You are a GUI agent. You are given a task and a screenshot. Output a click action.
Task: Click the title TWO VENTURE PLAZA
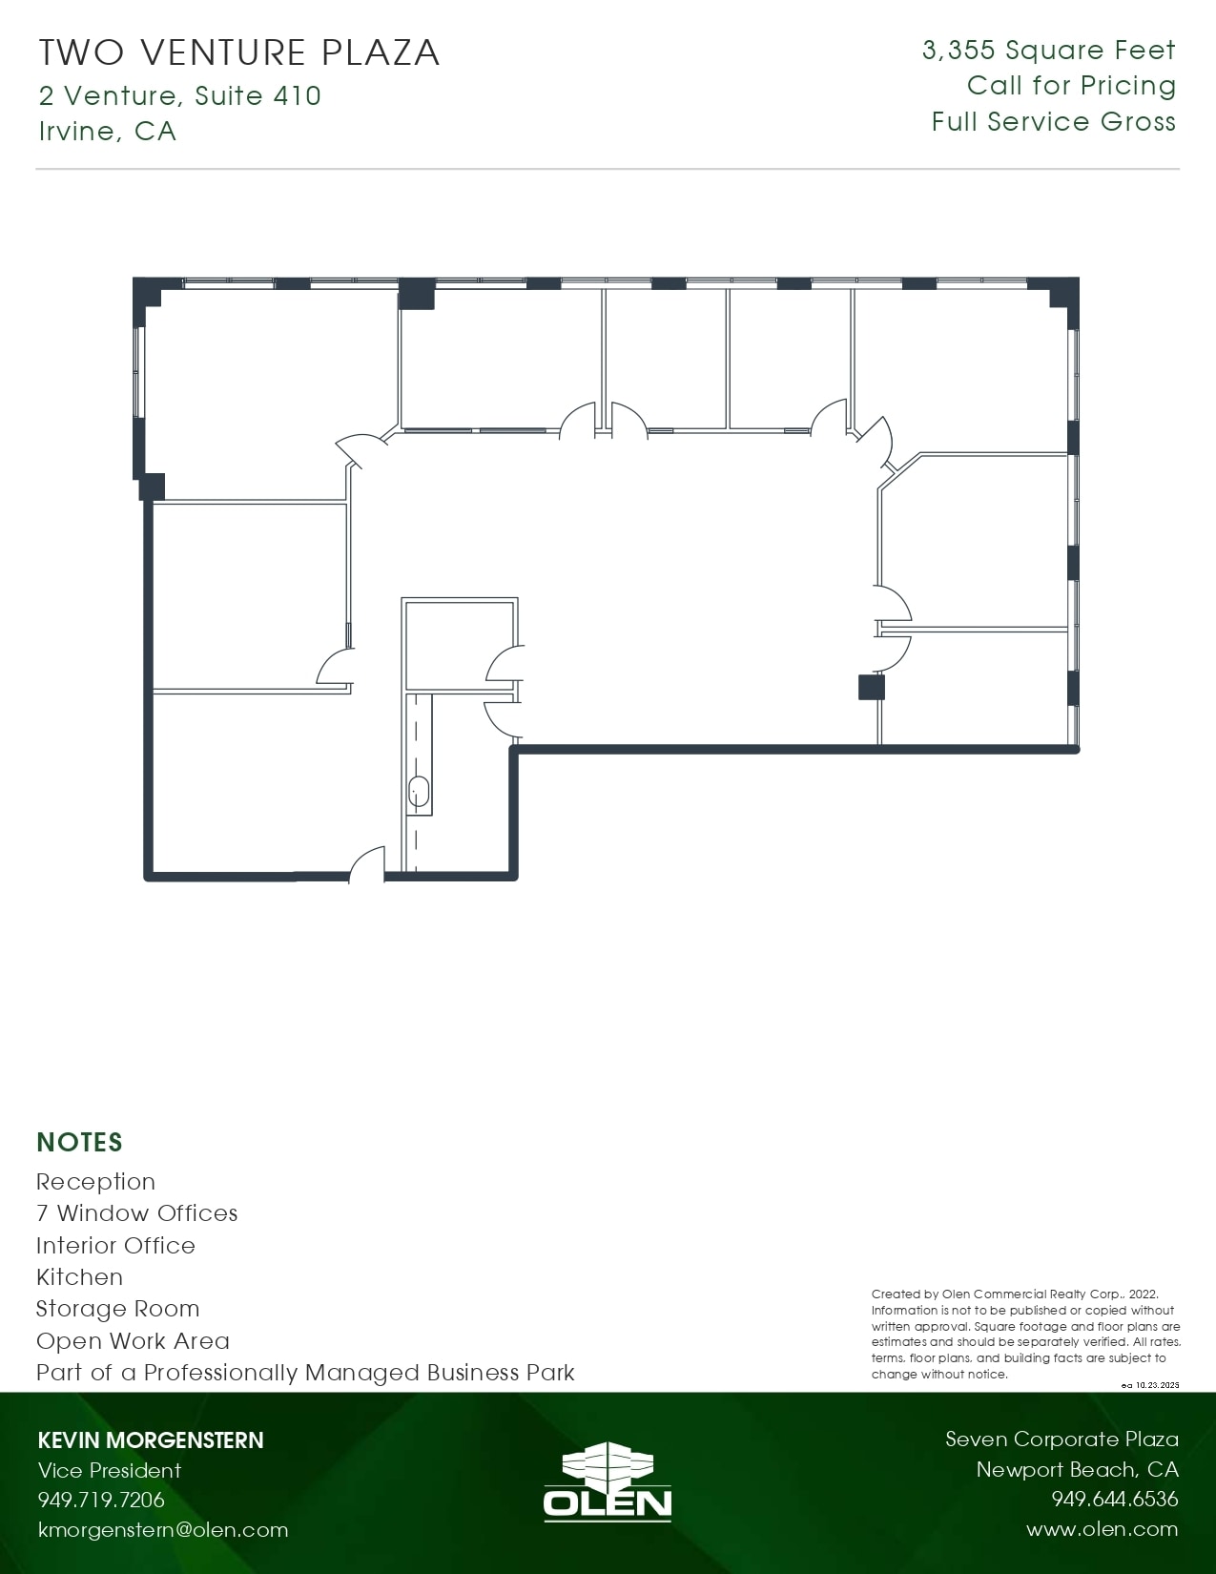pyautogui.click(x=238, y=52)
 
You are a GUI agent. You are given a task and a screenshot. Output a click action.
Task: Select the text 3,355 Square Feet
pyautogui.click(x=1048, y=51)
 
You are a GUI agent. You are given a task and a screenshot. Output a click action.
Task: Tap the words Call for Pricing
pyautogui.click(x=1071, y=86)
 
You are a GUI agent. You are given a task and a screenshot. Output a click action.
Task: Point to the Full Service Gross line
pyautogui.click(x=1053, y=122)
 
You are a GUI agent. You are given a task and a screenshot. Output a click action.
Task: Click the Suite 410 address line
pyautogui.click(x=179, y=95)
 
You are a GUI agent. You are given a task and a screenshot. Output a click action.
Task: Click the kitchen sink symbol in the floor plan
pyautogui.click(x=419, y=791)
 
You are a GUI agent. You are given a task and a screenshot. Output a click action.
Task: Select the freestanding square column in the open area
pyautogui.click(x=871, y=687)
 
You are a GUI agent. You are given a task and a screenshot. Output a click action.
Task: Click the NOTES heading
pyautogui.click(x=79, y=1142)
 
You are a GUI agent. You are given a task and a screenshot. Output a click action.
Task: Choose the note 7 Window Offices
pyautogui.click(x=136, y=1213)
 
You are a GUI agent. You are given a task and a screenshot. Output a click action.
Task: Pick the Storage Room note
pyautogui.click(x=117, y=1309)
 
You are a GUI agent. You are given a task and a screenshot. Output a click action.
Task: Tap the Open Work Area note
pyautogui.click(x=133, y=1341)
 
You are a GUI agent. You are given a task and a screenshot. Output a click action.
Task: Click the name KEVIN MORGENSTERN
pyautogui.click(x=150, y=1440)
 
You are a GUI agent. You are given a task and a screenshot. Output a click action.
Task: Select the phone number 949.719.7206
pyautogui.click(x=101, y=1500)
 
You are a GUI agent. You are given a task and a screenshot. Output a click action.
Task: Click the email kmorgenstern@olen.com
pyautogui.click(x=162, y=1530)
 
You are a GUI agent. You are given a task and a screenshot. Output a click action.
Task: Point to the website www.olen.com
pyautogui.click(x=1102, y=1529)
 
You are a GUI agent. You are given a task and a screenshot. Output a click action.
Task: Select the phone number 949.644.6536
pyautogui.click(x=1114, y=1500)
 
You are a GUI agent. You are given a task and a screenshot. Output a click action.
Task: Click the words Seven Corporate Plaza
pyautogui.click(x=1061, y=1439)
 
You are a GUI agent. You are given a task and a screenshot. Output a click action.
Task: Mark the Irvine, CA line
pyautogui.click(x=107, y=131)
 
